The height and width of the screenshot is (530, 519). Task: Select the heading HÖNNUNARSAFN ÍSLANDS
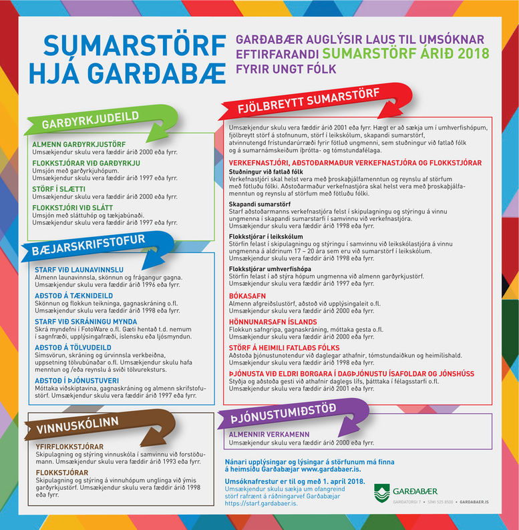pyautogui.click(x=270, y=320)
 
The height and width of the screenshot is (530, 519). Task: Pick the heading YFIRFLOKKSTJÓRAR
pyautogui.click(x=69, y=447)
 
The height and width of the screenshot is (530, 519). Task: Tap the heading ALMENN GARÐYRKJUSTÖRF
pyautogui.click(x=79, y=144)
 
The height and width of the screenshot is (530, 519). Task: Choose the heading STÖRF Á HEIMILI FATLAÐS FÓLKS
pyautogui.click(x=284, y=347)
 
